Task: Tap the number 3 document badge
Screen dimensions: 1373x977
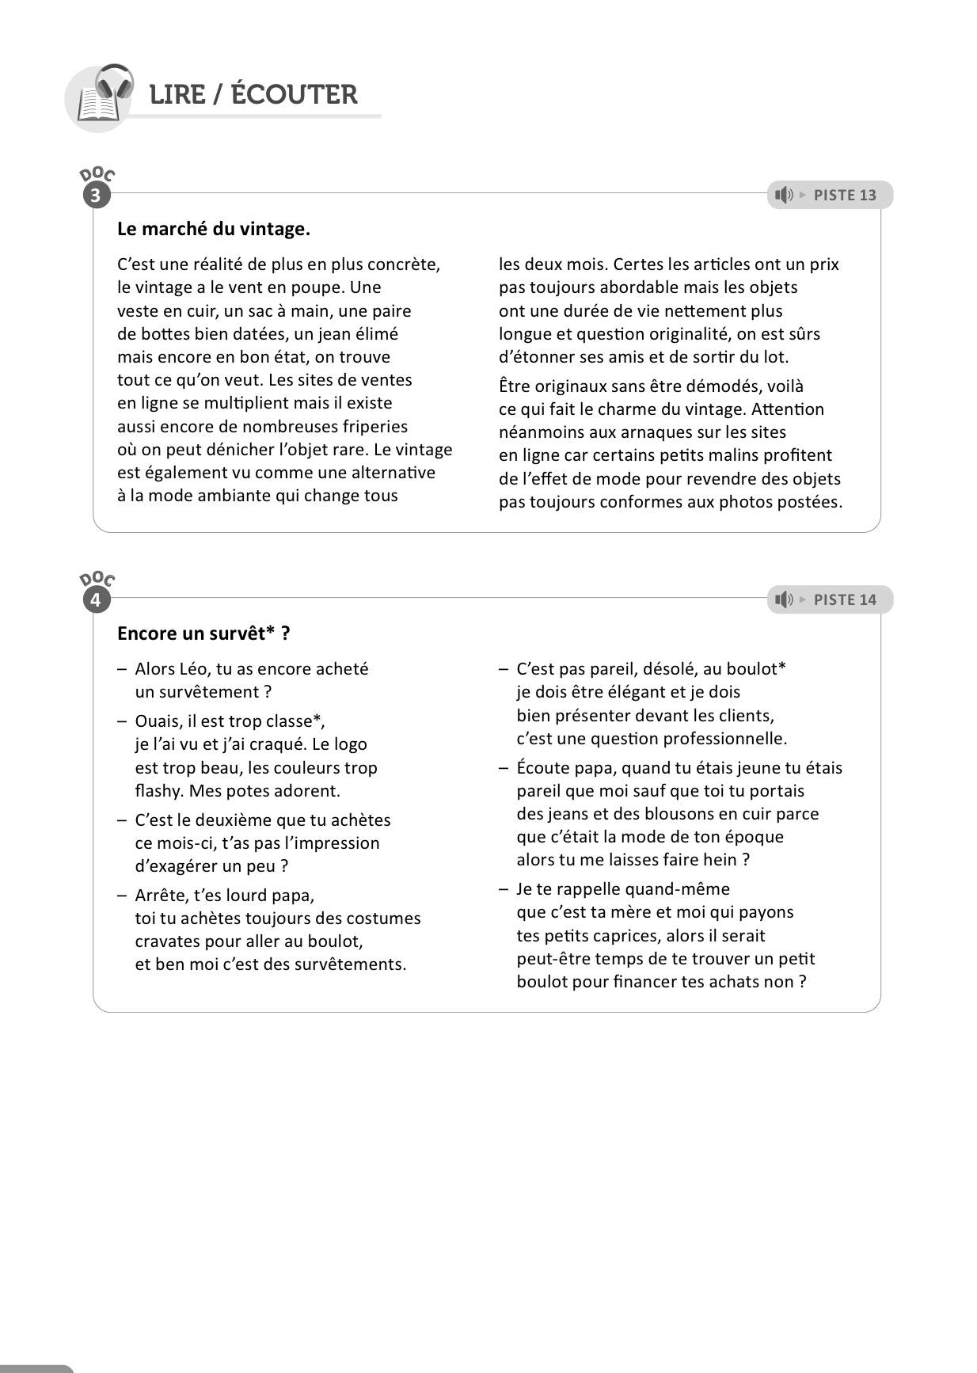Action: (x=97, y=196)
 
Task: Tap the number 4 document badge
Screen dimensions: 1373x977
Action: (x=97, y=600)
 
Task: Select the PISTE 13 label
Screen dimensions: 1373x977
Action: (x=845, y=196)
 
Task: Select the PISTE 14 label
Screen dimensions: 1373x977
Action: (x=845, y=600)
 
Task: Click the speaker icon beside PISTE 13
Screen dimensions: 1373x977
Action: (x=784, y=196)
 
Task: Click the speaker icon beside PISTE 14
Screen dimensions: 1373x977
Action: (x=784, y=600)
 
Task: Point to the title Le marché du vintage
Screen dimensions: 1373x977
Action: (x=214, y=230)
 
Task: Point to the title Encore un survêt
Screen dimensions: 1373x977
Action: (x=203, y=634)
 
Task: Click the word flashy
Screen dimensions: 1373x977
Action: (x=159, y=791)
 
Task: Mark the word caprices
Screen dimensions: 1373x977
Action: (x=624, y=936)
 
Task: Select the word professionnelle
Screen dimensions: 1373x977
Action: (x=724, y=739)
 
